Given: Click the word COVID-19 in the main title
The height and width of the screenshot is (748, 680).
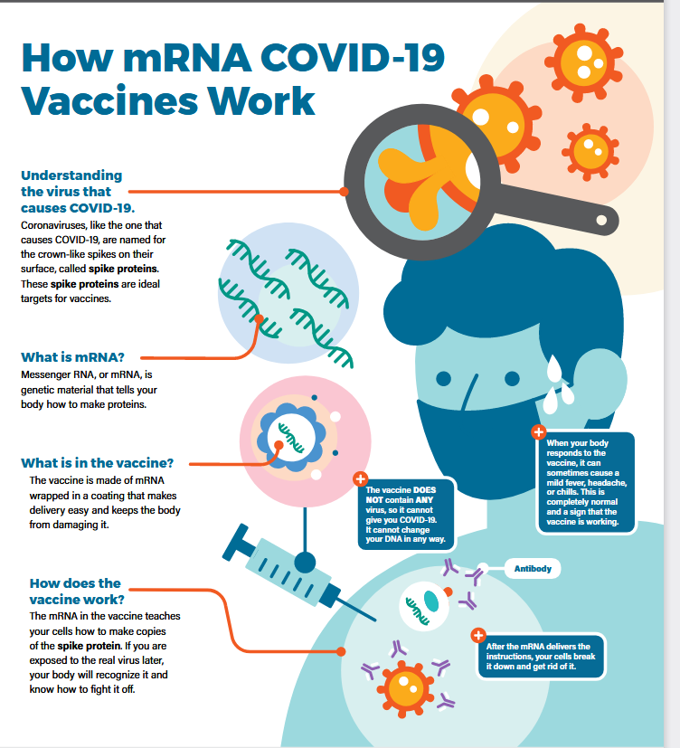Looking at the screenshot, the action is click(x=353, y=58).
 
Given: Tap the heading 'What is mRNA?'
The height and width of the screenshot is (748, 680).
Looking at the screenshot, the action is click(x=72, y=357).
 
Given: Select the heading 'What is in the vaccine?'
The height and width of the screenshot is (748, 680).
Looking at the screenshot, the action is click(x=98, y=463).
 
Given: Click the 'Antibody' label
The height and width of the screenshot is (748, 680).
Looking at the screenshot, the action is click(x=533, y=569).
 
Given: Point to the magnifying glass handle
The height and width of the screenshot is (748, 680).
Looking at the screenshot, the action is click(x=558, y=205).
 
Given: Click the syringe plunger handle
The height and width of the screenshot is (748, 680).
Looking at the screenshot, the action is click(x=235, y=542).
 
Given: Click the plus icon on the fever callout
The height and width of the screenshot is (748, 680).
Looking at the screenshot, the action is click(x=539, y=432).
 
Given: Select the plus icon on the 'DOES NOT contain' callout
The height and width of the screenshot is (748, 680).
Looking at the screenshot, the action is click(x=361, y=478).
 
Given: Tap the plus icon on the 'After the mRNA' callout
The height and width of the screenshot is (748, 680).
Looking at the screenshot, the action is click(x=478, y=635).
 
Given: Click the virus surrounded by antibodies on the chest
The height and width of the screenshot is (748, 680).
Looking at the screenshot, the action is click(x=405, y=688).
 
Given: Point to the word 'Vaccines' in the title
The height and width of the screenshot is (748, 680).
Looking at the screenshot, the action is click(x=109, y=101).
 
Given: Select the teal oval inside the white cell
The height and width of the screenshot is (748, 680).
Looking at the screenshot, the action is click(x=431, y=601).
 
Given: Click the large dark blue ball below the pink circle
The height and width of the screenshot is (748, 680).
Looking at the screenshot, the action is click(x=305, y=563).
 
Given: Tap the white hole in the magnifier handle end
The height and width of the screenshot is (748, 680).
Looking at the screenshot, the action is click(x=602, y=220).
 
